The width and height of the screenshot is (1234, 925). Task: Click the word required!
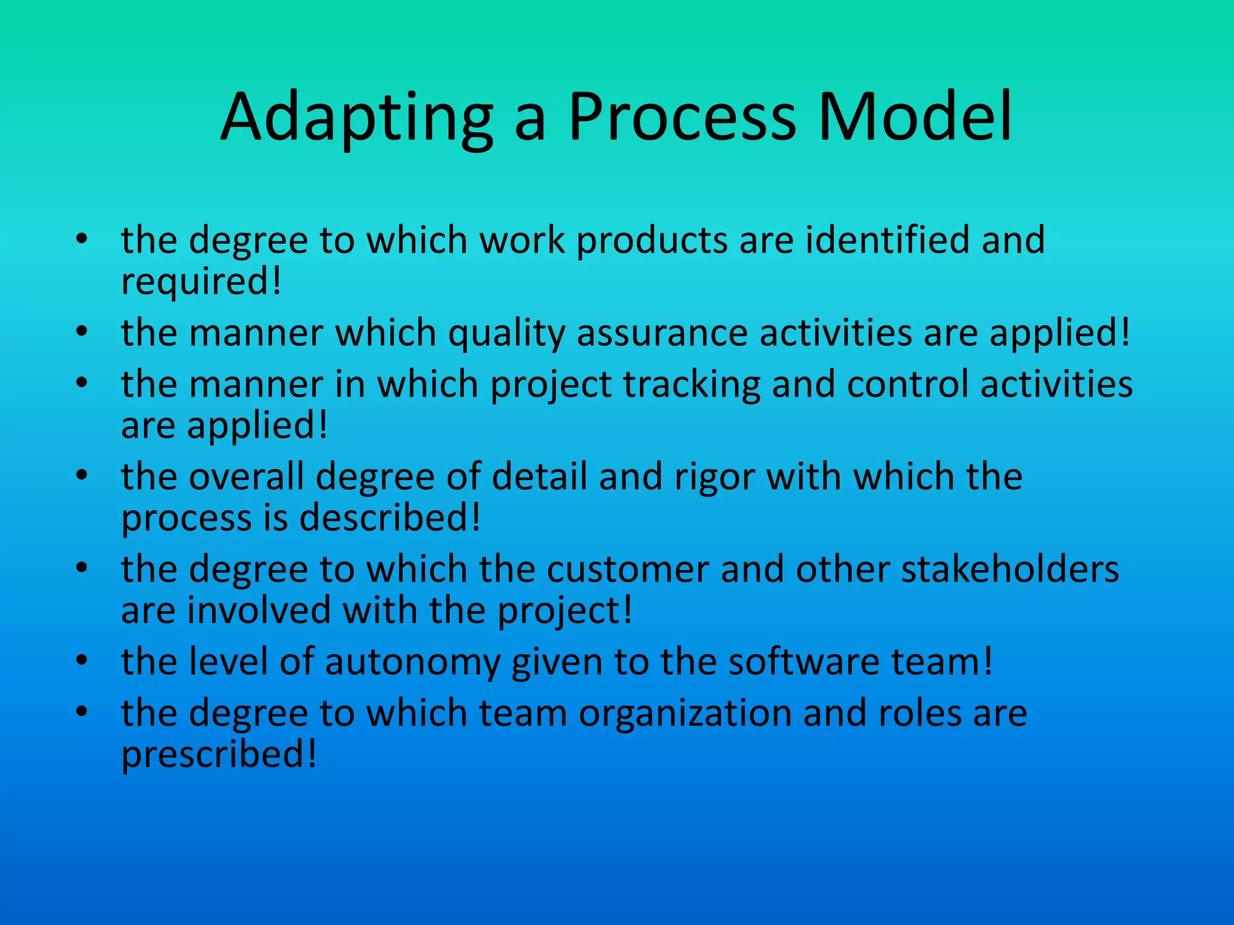[201, 282]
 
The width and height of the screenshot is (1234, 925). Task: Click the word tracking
[692, 385]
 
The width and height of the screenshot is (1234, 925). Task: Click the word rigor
[714, 478]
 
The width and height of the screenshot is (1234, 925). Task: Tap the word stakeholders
[1010, 569]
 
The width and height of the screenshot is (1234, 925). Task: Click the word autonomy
[413, 662]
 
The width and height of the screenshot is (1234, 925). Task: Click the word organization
[685, 713]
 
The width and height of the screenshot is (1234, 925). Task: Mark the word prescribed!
[219, 755]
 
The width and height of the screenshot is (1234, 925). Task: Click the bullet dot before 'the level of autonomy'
[83, 661]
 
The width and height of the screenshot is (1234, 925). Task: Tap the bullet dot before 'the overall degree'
[83, 476]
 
